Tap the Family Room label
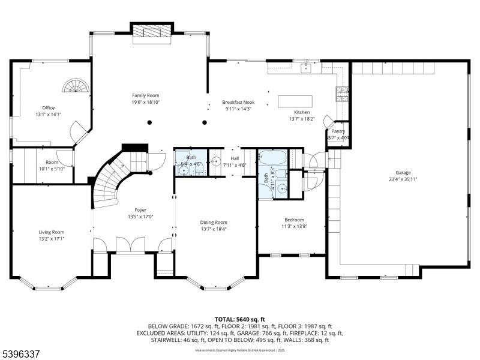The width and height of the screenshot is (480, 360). [x=146, y=95]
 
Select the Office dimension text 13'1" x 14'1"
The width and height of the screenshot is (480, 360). [x=49, y=115]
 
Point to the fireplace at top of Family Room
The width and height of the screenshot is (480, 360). [x=152, y=34]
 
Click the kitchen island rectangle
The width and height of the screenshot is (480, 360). [x=295, y=100]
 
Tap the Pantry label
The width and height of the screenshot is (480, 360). [x=338, y=131]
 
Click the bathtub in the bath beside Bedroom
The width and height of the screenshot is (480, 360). [x=272, y=158]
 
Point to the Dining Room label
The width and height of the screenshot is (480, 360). [x=214, y=222]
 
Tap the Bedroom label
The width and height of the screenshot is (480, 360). [x=294, y=220]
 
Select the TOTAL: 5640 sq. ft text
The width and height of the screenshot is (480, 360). [x=239, y=319]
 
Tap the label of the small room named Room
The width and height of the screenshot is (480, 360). [x=52, y=163]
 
